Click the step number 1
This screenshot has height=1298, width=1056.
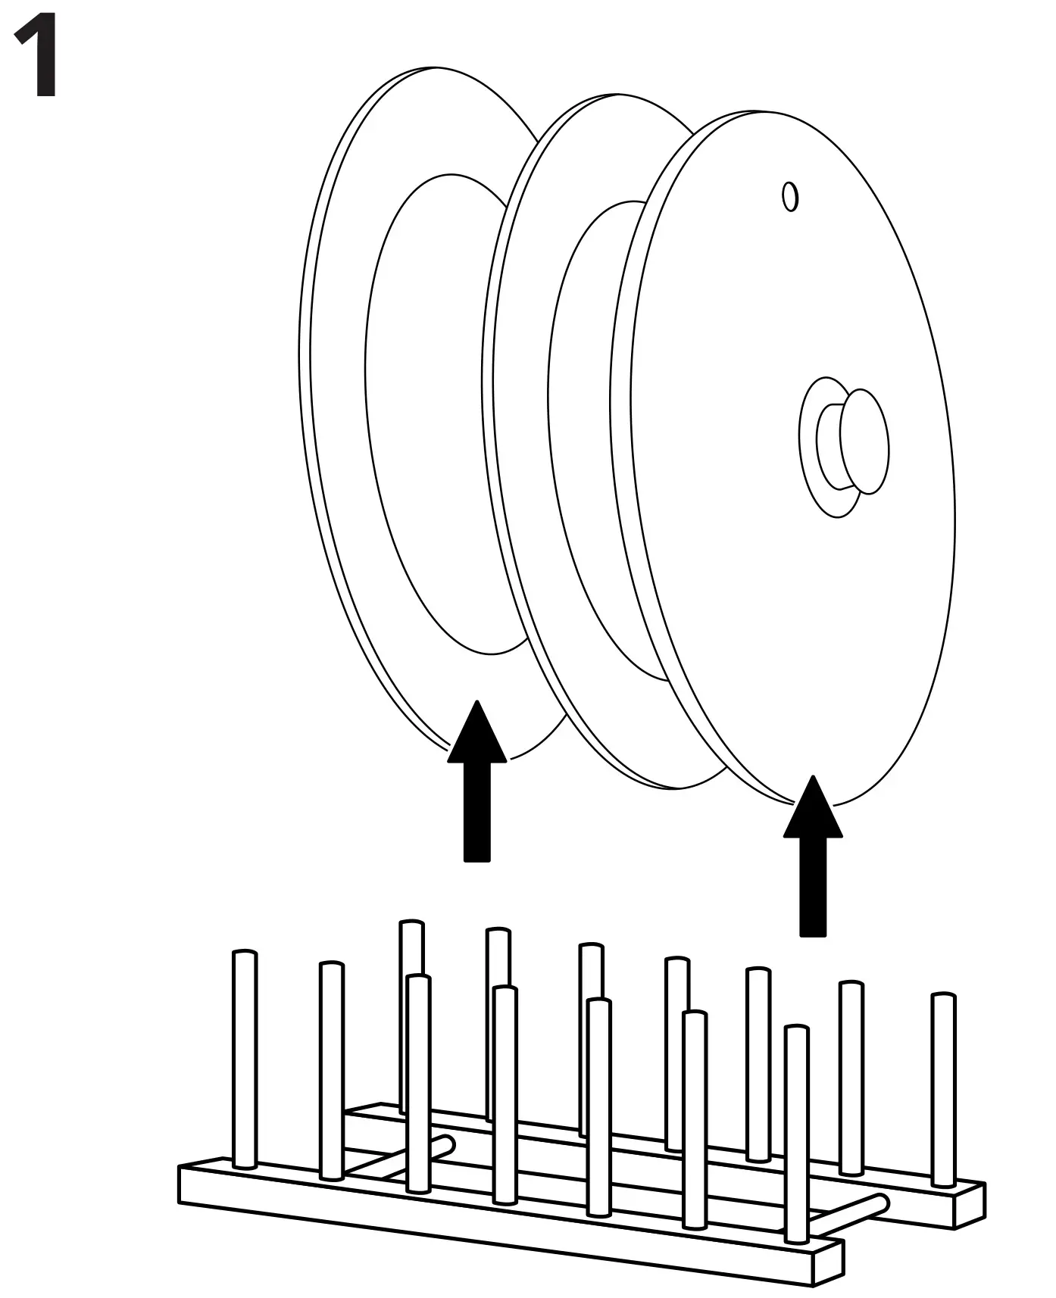[36, 58]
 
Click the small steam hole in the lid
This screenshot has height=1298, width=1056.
[790, 197]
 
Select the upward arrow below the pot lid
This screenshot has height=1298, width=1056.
[813, 856]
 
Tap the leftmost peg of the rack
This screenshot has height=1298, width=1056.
[244, 1060]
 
